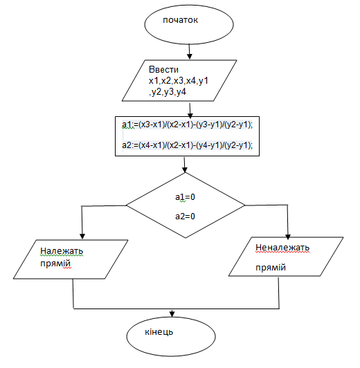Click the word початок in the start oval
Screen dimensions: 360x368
click(180, 20)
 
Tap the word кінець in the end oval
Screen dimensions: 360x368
click(159, 332)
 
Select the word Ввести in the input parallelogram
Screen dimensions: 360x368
click(163, 69)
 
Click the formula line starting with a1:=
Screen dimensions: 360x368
click(187, 125)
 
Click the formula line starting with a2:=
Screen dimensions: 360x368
click(187, 145)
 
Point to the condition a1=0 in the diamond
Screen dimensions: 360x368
click(185, 197)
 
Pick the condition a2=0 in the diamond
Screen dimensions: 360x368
click(185, 216)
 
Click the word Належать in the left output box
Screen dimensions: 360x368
click(62, 251)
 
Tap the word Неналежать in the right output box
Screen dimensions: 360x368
click(282, 248)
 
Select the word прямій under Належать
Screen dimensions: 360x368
click(55, 264)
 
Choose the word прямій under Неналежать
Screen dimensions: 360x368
click(271, 267)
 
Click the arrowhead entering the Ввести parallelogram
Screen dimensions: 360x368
click(190, 56)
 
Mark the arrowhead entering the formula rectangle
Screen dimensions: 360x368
click(190, 116)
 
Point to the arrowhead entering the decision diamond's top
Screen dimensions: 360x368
click(185, 169)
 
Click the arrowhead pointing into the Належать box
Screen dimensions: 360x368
click(82, 237)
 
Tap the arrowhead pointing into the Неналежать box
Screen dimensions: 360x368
click(288, 237)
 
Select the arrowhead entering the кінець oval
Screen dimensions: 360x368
click(172, 314)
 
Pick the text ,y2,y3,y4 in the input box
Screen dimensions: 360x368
click(168, 92)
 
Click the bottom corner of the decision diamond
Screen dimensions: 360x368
click(186, 238)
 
